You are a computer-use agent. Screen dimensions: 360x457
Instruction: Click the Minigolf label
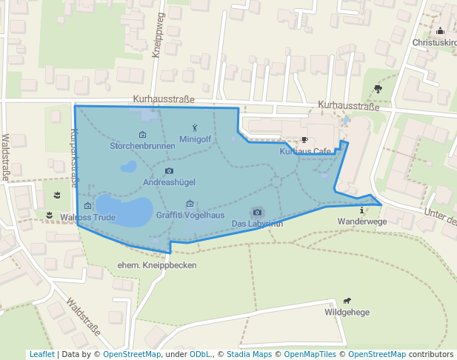[196, 139]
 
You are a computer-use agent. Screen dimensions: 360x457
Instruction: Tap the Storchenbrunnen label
[142, 146]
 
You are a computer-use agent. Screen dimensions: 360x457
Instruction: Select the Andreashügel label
[169, 181]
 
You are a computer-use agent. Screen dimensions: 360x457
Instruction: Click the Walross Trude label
[88, 218]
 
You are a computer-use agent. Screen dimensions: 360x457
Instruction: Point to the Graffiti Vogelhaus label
[190, 215]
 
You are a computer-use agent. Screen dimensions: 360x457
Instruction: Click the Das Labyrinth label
[257, 223]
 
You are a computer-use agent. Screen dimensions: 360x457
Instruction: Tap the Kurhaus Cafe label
[305, 151]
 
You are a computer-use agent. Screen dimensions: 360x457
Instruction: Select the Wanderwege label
[362, 221]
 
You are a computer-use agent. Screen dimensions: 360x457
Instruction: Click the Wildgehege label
[347, 312]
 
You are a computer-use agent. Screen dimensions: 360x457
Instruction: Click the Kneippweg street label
[157, 44]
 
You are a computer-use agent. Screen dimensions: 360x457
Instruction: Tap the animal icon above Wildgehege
[347, 301]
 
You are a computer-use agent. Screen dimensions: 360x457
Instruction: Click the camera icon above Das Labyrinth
[257, 213]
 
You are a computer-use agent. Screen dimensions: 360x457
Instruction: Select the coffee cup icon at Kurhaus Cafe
[304, 140]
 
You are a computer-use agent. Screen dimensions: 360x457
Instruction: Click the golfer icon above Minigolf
[196, 127]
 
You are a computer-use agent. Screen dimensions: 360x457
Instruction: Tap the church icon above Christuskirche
[441, 31]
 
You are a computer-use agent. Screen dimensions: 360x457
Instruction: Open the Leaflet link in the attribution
[41, 354]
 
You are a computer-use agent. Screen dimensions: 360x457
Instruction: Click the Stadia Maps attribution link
[252, 354]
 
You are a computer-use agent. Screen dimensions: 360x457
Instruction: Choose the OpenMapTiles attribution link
[312, 354]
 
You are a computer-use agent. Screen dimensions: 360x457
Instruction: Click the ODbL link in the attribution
[200, 354]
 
